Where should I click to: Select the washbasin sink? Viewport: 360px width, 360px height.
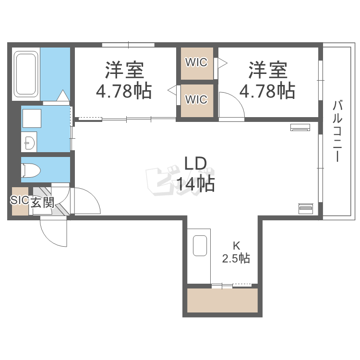coord(29,142)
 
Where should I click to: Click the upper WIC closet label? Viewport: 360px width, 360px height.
coord(197,62)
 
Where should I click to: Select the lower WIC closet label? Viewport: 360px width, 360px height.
coord(197,100)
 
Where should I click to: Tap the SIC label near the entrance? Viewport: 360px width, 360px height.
coord(20,201)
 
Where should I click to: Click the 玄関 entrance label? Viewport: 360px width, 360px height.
coord(42,202)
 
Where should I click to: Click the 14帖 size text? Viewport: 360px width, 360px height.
coord(195,184)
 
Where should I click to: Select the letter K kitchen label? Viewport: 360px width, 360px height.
coord(236,244)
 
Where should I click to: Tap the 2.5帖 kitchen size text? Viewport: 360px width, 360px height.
coord(236,258)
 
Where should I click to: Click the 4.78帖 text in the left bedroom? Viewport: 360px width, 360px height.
coord(124,91)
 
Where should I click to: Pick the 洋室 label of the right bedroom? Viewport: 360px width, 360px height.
coord(267,71)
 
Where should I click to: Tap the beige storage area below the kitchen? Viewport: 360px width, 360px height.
coord(222,301)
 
